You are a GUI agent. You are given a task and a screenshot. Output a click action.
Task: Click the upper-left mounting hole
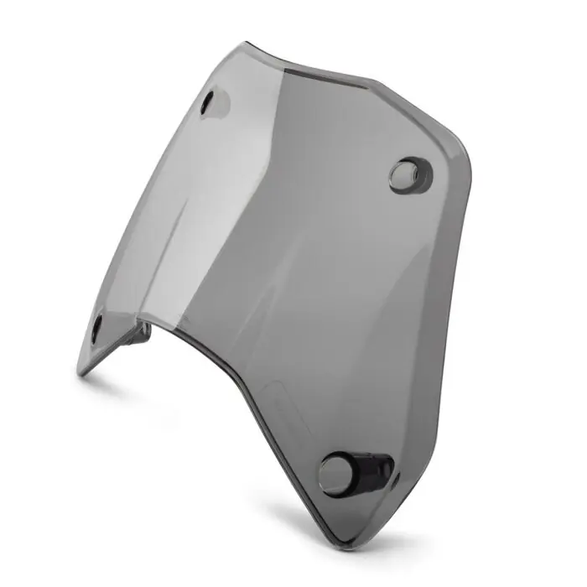click(x=211, y=103)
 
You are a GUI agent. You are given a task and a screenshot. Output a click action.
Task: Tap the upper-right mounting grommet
click(x=408, y=174)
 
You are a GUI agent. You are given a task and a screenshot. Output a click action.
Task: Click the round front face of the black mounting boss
click(x=336, y=473)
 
